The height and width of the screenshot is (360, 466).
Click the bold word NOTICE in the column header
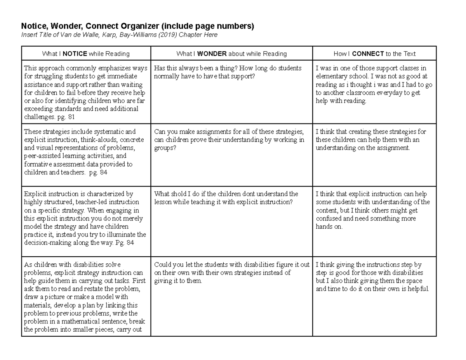click(x=76, y=54)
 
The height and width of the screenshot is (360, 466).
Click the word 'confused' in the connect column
click(x=329, y=219)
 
